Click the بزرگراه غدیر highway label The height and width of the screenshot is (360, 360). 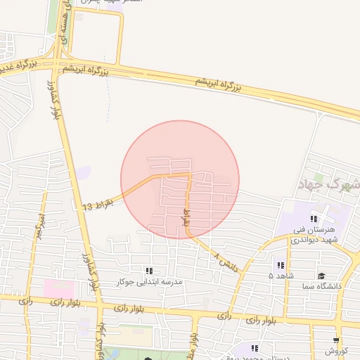click(15, 66)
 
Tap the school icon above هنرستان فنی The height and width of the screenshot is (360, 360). click(314, 219)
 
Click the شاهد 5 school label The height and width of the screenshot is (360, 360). click(281, 276)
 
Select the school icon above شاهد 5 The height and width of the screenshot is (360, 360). click(281, 266)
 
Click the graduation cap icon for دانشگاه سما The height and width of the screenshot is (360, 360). click(321, 276)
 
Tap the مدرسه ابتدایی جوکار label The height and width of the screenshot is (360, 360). click(152, 281)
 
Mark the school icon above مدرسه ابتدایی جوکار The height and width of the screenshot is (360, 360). click(148, 271)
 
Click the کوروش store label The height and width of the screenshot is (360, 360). click(336, 350)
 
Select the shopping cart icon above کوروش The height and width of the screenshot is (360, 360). click(336, 340)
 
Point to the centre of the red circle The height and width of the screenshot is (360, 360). click(180, 179)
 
